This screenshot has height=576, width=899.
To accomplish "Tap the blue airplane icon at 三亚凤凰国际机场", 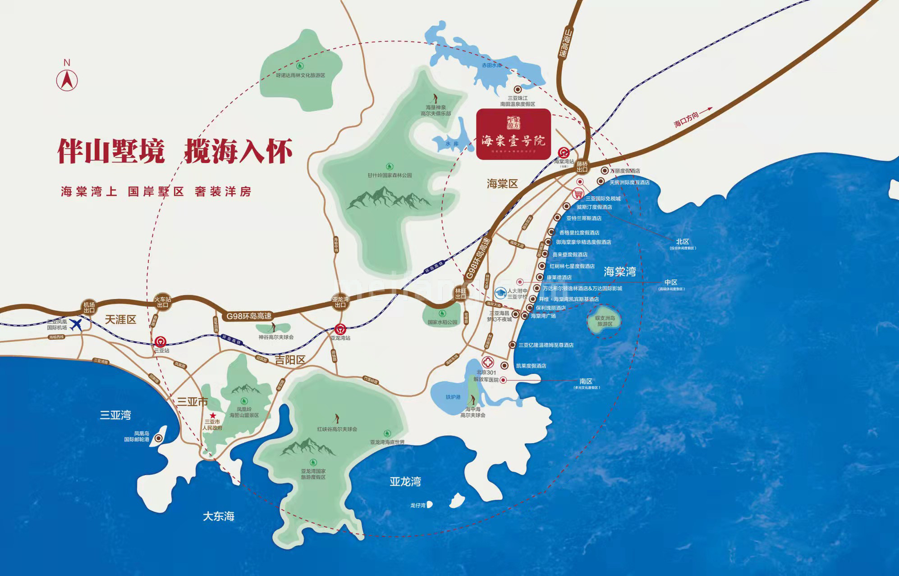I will pos(77,324).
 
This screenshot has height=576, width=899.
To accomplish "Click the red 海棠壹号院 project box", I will pos(514,134).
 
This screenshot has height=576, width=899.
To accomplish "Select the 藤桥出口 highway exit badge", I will pos(582,167).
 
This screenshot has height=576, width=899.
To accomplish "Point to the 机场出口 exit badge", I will pos(89,307).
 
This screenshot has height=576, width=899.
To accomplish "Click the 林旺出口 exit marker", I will pos(460,294).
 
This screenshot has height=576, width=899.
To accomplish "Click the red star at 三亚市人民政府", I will pos(213,415).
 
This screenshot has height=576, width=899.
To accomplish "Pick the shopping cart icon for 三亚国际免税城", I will pos(578,194).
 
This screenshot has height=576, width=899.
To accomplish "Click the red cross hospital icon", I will pos(488,362).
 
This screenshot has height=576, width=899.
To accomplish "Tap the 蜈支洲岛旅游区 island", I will pos(604,321).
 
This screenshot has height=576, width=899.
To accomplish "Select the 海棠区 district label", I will pos(502,184).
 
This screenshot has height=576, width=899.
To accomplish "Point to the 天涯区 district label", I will pos(120,320).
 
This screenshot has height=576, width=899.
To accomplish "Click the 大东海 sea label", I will pos(219,516).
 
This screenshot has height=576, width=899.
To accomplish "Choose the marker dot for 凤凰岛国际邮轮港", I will pos(158,438).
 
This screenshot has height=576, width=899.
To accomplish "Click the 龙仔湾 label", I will pos(418,505).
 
